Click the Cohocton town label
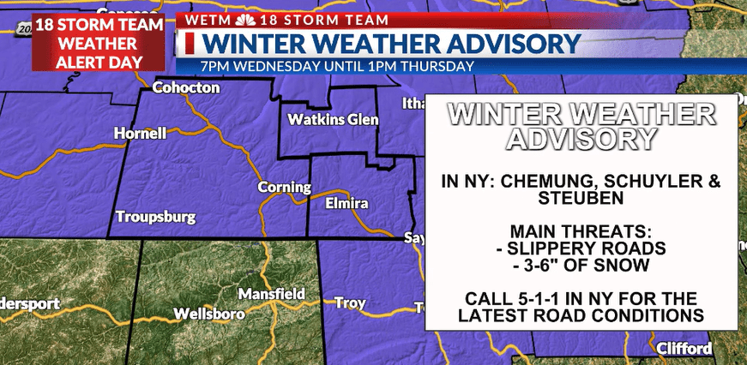186,87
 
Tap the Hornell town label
142,134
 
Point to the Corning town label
284,187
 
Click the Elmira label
346,204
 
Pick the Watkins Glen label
333,119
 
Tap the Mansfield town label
271,294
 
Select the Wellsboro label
208,314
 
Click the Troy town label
350,303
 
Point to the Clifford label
684,349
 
